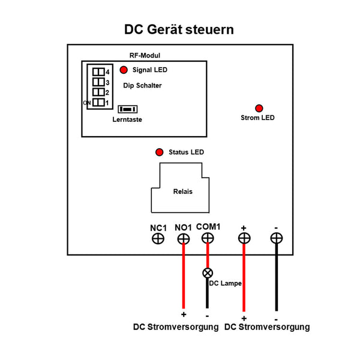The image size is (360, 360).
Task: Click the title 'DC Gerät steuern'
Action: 179,29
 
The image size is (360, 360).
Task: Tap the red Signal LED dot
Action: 124,70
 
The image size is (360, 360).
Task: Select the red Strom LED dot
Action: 259,108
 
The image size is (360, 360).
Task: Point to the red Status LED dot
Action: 160,152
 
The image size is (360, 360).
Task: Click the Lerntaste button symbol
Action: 127,109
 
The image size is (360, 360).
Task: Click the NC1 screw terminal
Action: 158,239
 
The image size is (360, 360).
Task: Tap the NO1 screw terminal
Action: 184,239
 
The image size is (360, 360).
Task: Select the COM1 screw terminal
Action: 208,238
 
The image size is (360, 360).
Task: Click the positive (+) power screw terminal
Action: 244,238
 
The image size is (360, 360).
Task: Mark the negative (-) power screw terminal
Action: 276,238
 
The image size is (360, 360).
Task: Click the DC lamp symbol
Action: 208,273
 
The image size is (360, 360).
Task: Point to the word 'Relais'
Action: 182,192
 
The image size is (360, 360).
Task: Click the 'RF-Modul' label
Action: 144,55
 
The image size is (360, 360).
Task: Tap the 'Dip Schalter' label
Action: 142,86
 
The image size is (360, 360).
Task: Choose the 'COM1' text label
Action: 208,226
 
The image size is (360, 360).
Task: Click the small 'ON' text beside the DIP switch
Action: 86,103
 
